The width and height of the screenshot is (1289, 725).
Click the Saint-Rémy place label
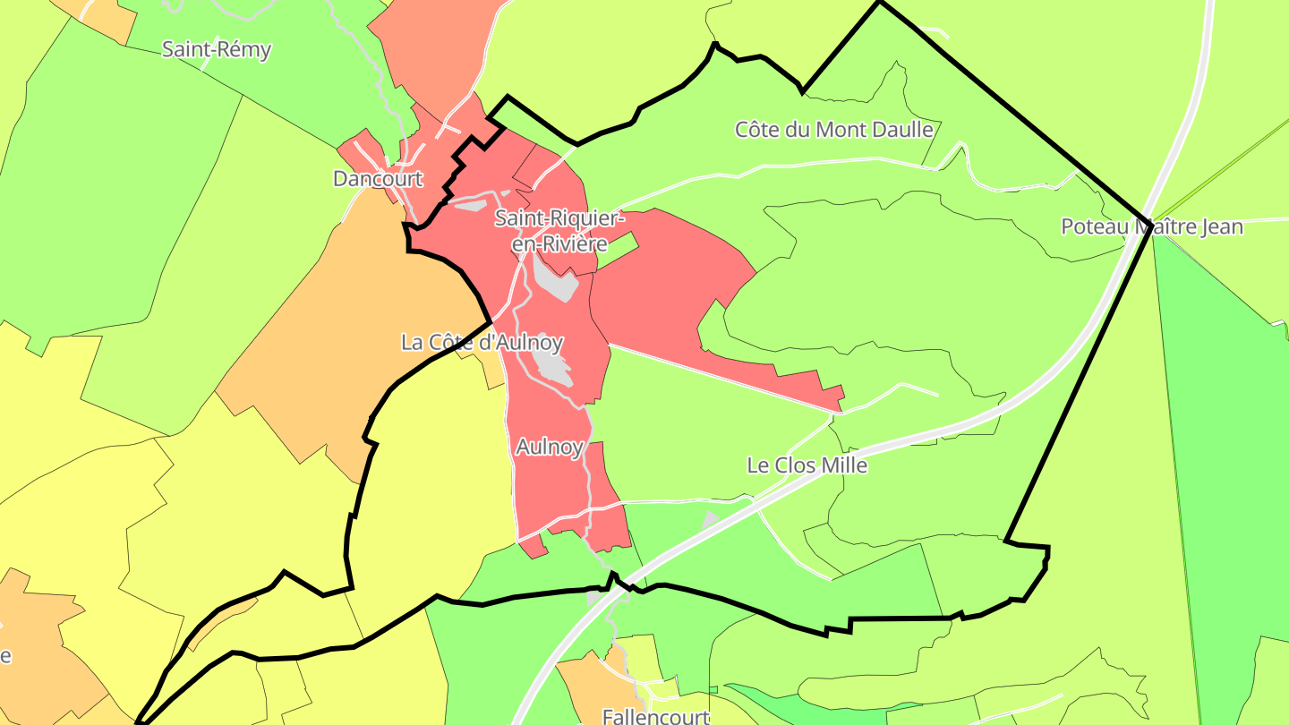pyautogui.click(x=216, y=49)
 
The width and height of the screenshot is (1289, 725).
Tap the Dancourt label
pyautogui.click(x=377, y=179)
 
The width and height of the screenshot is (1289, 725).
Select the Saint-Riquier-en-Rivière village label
pyautogui.click(x=559, y=230)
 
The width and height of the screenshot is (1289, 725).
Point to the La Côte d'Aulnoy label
pyautogui.click(x=482, y=342)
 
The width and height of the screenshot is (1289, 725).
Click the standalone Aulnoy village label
pyautogui.click(x=550, y=447)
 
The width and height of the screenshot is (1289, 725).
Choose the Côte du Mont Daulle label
pyautogui.click(x=833, y=130)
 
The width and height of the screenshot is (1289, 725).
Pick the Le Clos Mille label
pyautogui.click(x=807, y=465)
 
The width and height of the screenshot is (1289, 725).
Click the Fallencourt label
pyautogui.click(x=655, y=716)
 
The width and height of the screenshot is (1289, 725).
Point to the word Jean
pyautogui.click(x=1221, y=226)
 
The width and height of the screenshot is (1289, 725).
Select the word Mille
pyautogui.click(x=844, y=465)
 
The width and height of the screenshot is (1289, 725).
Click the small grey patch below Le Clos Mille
pyautogui.click(x=711, y=518)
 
